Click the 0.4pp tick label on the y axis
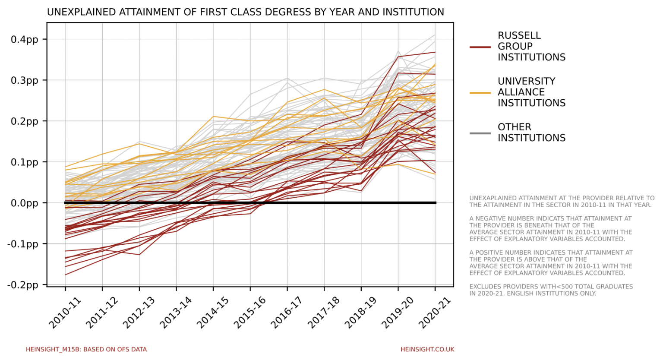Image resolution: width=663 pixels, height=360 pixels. click(24, 40)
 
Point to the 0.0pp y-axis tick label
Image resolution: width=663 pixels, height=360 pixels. click(24, 203)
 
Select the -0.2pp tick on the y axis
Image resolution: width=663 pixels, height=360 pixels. click(22, 285)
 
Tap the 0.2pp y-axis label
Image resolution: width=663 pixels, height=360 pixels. click(24, 121)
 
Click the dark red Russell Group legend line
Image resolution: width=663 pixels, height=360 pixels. click(480, 47)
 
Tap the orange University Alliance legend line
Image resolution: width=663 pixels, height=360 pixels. click(480, 93)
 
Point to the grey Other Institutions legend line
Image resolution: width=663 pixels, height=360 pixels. click(480, 133)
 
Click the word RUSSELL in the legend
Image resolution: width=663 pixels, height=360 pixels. click(519, 36)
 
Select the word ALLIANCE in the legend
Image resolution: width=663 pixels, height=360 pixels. click(521, 92)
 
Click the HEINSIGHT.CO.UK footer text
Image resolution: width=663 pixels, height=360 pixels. click(427, 350)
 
